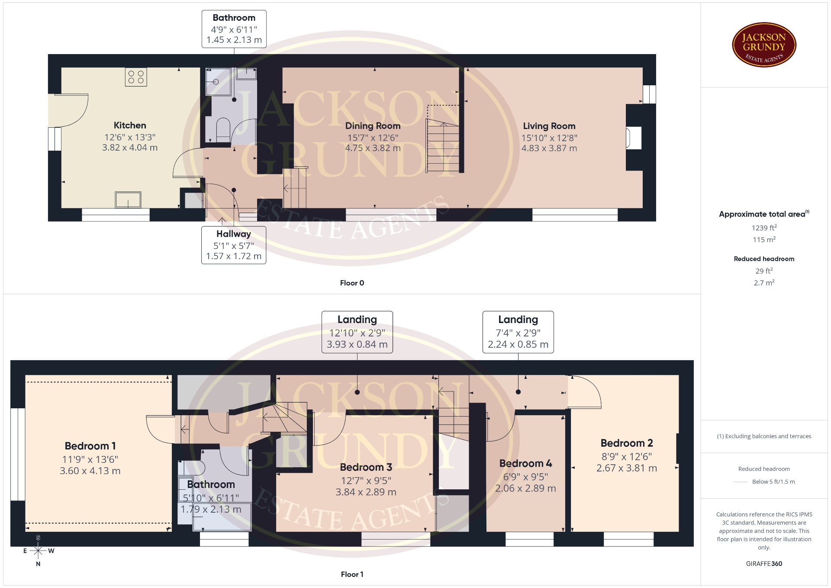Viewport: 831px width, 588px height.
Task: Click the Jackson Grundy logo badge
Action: [764, 45]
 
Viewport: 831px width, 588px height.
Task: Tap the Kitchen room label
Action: [130, 126]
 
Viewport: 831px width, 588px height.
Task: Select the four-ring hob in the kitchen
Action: [136, 77]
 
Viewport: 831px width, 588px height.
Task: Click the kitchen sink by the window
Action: [128, 200]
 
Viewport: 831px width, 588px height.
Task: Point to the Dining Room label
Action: [373, 126]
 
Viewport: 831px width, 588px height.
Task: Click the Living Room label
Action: [549, 126]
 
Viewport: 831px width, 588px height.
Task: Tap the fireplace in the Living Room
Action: [634, 138]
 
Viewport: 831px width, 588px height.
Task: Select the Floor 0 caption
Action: [352, 283]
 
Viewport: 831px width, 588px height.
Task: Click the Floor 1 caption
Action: [352, 574]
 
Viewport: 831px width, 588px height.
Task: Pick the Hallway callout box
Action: [234, 245]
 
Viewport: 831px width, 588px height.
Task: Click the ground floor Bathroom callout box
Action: [234, 29]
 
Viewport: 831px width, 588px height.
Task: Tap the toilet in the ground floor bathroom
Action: [223, 129]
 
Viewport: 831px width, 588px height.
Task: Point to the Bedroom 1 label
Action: [90, 446]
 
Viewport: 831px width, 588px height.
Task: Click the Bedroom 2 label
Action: [627, 443]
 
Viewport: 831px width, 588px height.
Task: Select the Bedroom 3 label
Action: [366, 467]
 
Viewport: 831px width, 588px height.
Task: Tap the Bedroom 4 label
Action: [525, 463]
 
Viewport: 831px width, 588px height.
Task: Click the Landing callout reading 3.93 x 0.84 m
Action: [357, 332]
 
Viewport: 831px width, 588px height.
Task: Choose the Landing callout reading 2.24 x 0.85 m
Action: [518, 332]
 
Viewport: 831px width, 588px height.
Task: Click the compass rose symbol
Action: [38, 551]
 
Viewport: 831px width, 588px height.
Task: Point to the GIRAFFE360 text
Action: [764, 564]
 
